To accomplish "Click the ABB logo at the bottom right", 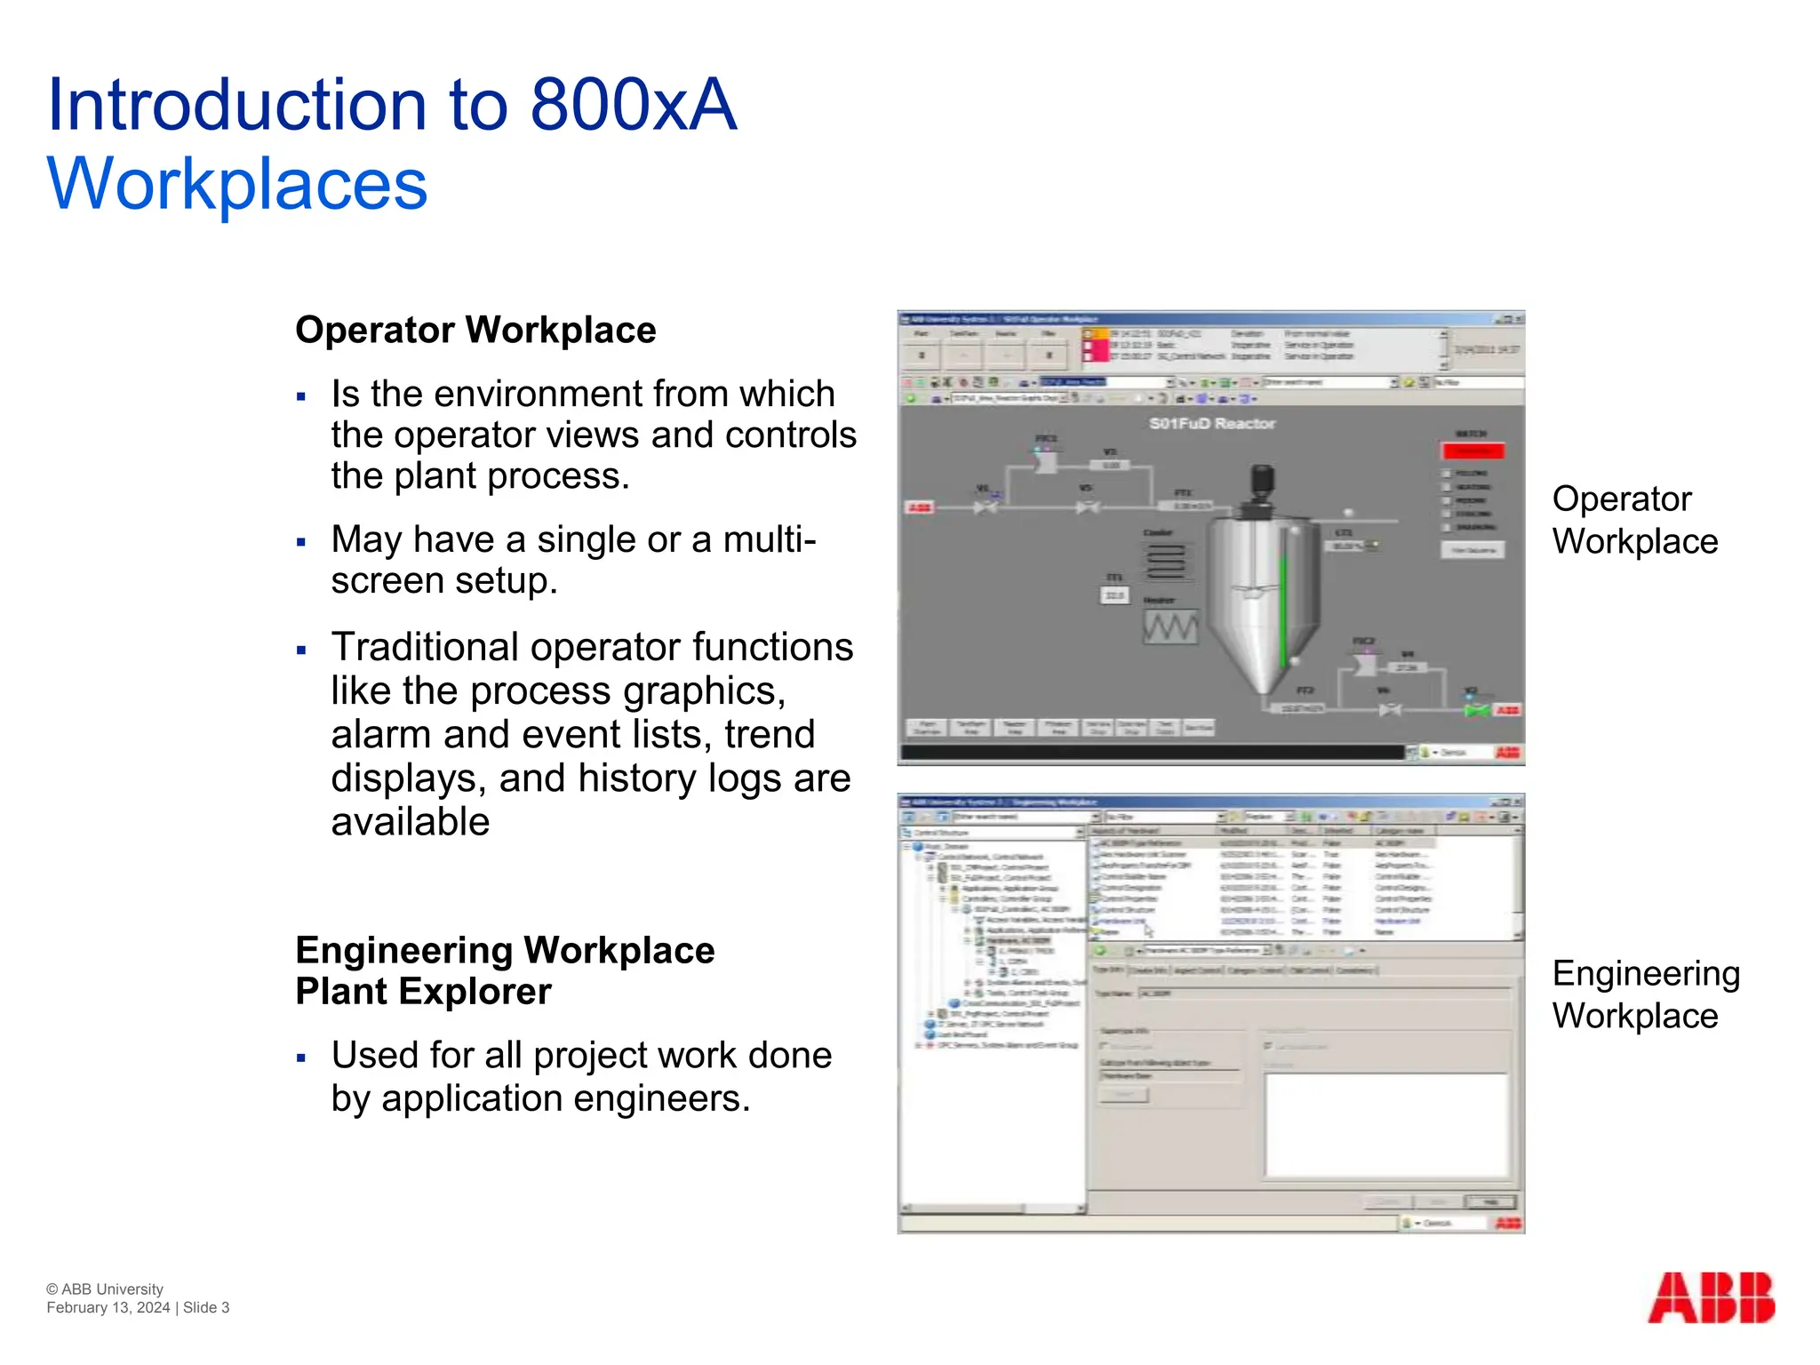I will [1711, 1298].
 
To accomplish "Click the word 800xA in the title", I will [633, 105].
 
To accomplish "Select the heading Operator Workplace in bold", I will [475, 330].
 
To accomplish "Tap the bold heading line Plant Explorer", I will [423, 992].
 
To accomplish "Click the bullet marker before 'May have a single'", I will [302, 542].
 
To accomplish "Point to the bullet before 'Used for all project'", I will [302, 1058].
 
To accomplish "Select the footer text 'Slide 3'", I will [206, 1307].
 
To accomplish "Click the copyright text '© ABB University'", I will [105, 1289].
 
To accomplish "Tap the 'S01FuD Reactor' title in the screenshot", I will [1212, 424].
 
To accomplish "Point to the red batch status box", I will [1473, 451].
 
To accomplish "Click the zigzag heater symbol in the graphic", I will [1169, 627].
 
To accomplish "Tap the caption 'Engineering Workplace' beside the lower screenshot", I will [1644, 994].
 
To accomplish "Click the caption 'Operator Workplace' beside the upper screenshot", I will [1633, 520].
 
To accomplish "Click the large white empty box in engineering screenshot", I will [1386, 1125].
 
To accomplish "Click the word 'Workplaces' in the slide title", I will [237, 184].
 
